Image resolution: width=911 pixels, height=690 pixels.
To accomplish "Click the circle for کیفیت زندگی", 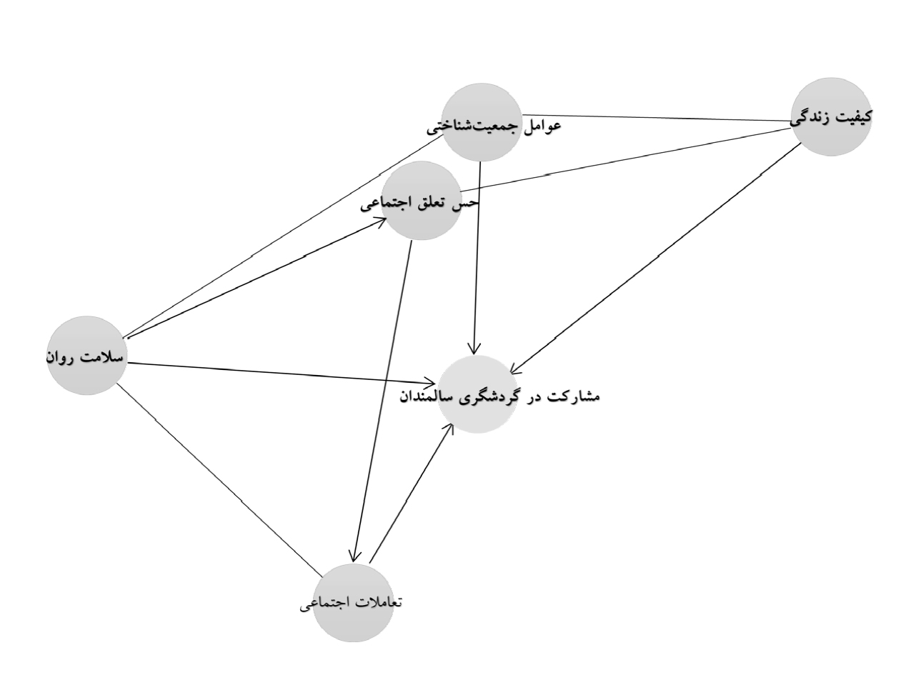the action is pyautogui.click(x=831, y=116).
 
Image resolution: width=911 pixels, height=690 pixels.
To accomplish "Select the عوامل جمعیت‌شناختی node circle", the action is pyautogui.click(x=482, y=122).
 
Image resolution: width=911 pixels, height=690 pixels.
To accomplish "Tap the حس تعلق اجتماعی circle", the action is pyautogui.click(x=422, y=201).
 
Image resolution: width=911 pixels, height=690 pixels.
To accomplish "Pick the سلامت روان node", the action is pyautogui.click(x=86, y=356).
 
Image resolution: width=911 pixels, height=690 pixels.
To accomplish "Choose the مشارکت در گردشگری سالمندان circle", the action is pyautogui.click(x=477, y=394).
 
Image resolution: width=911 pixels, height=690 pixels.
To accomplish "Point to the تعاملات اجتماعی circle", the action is pyautogui.click(x=353, y=603).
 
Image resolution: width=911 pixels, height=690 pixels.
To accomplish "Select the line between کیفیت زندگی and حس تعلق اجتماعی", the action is pyautogui.click(x=625, y=160).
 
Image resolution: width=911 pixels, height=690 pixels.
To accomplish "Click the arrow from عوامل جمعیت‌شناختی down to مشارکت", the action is pyautogui.click(x=477, y=258).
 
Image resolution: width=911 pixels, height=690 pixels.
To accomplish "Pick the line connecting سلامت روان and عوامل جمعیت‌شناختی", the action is pyautogui.click(x=284, y=236).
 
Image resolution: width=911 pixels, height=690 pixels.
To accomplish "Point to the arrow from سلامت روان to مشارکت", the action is pyautogui.click(x=282, y=374).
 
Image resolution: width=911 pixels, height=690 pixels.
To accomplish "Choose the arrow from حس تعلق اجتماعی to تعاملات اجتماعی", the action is pyautogui.click(x=382, y=401).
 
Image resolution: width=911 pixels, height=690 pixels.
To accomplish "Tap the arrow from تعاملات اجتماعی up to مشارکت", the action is pyautogui.click(x=412, y=493).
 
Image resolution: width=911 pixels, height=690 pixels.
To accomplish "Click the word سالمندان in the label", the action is pyautogui.click(x=418, y=396).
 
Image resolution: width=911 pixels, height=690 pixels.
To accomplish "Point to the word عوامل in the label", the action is pyautogui.click(x=544, y=125).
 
